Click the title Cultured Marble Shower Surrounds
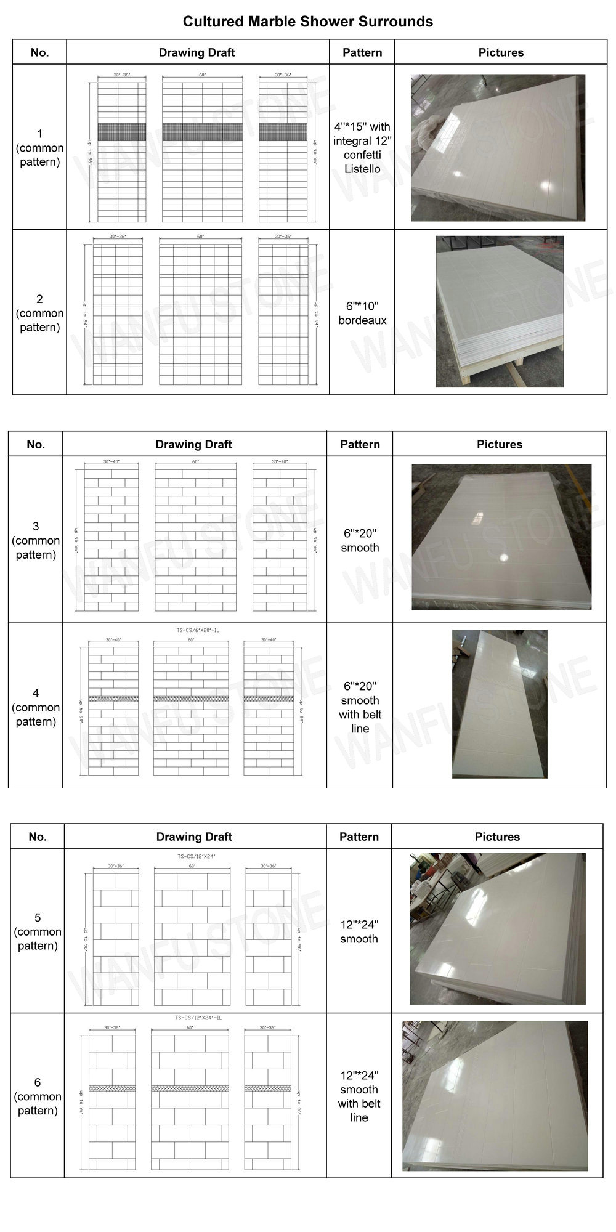(307, 22)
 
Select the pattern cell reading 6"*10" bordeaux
(362, 313)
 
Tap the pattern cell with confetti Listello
(362, 148)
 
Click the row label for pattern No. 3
(36, 540)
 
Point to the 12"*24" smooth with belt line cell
(359, 1096)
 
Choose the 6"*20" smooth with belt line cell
(360, 707)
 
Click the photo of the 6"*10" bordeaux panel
(500, 312)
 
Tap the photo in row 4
(499, 704)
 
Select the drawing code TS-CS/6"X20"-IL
(194, 630)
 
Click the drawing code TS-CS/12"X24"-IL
(194, 1018)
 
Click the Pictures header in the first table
(501, 52)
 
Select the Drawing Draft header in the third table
(194, 837)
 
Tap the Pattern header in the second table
(360, 444)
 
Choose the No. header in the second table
(36, 444)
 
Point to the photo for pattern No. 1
(498, 148)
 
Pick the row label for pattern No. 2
(39, 313)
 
